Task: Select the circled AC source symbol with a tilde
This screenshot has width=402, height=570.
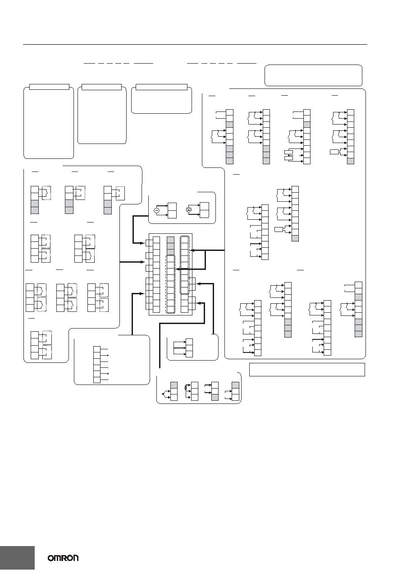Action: (x=156, y=210)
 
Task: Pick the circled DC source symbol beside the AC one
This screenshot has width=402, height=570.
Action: (x=188, y=210)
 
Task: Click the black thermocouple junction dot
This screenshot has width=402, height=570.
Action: (x=163, y=394)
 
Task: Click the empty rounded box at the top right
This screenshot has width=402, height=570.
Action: (x=313, y=75)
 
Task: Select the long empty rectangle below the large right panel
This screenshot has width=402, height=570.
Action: (x=307, y=370)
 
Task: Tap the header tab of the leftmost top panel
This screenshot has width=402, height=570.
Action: (x=49, y=87)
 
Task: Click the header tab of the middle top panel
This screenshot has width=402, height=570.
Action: (x=102, y=87)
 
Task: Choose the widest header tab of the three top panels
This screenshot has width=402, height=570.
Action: (x=162, y=87)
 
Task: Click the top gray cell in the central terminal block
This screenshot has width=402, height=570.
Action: (x=170, y=240)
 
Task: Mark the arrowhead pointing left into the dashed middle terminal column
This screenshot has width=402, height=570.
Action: (x=178, y=269)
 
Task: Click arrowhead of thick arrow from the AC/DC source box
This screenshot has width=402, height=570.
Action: (x=143, y=243)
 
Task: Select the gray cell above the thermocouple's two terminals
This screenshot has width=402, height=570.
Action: (x=174, y=385)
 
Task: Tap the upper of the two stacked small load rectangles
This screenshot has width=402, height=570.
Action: (x=289, y=152)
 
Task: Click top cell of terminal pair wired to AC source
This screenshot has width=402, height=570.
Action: (x=172, y=207)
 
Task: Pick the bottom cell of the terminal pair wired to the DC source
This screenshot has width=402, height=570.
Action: (x=204, y=214)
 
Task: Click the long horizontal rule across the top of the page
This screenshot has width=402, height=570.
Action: (x=195, y=45)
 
